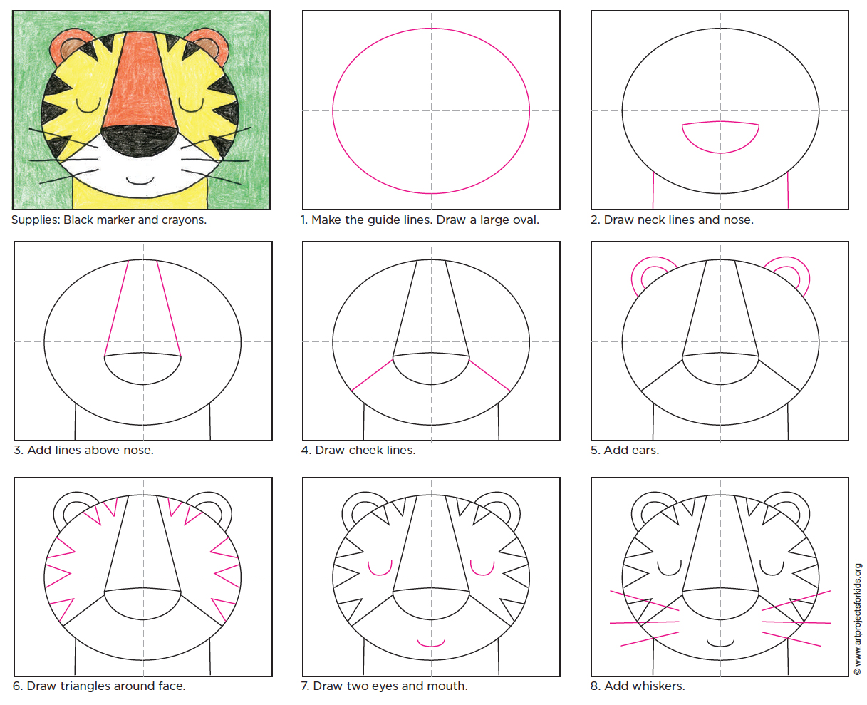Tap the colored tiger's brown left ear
point(67,48)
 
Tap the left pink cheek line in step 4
point(373,375)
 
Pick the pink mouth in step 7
point(431,644)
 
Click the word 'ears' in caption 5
point(644,450)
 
